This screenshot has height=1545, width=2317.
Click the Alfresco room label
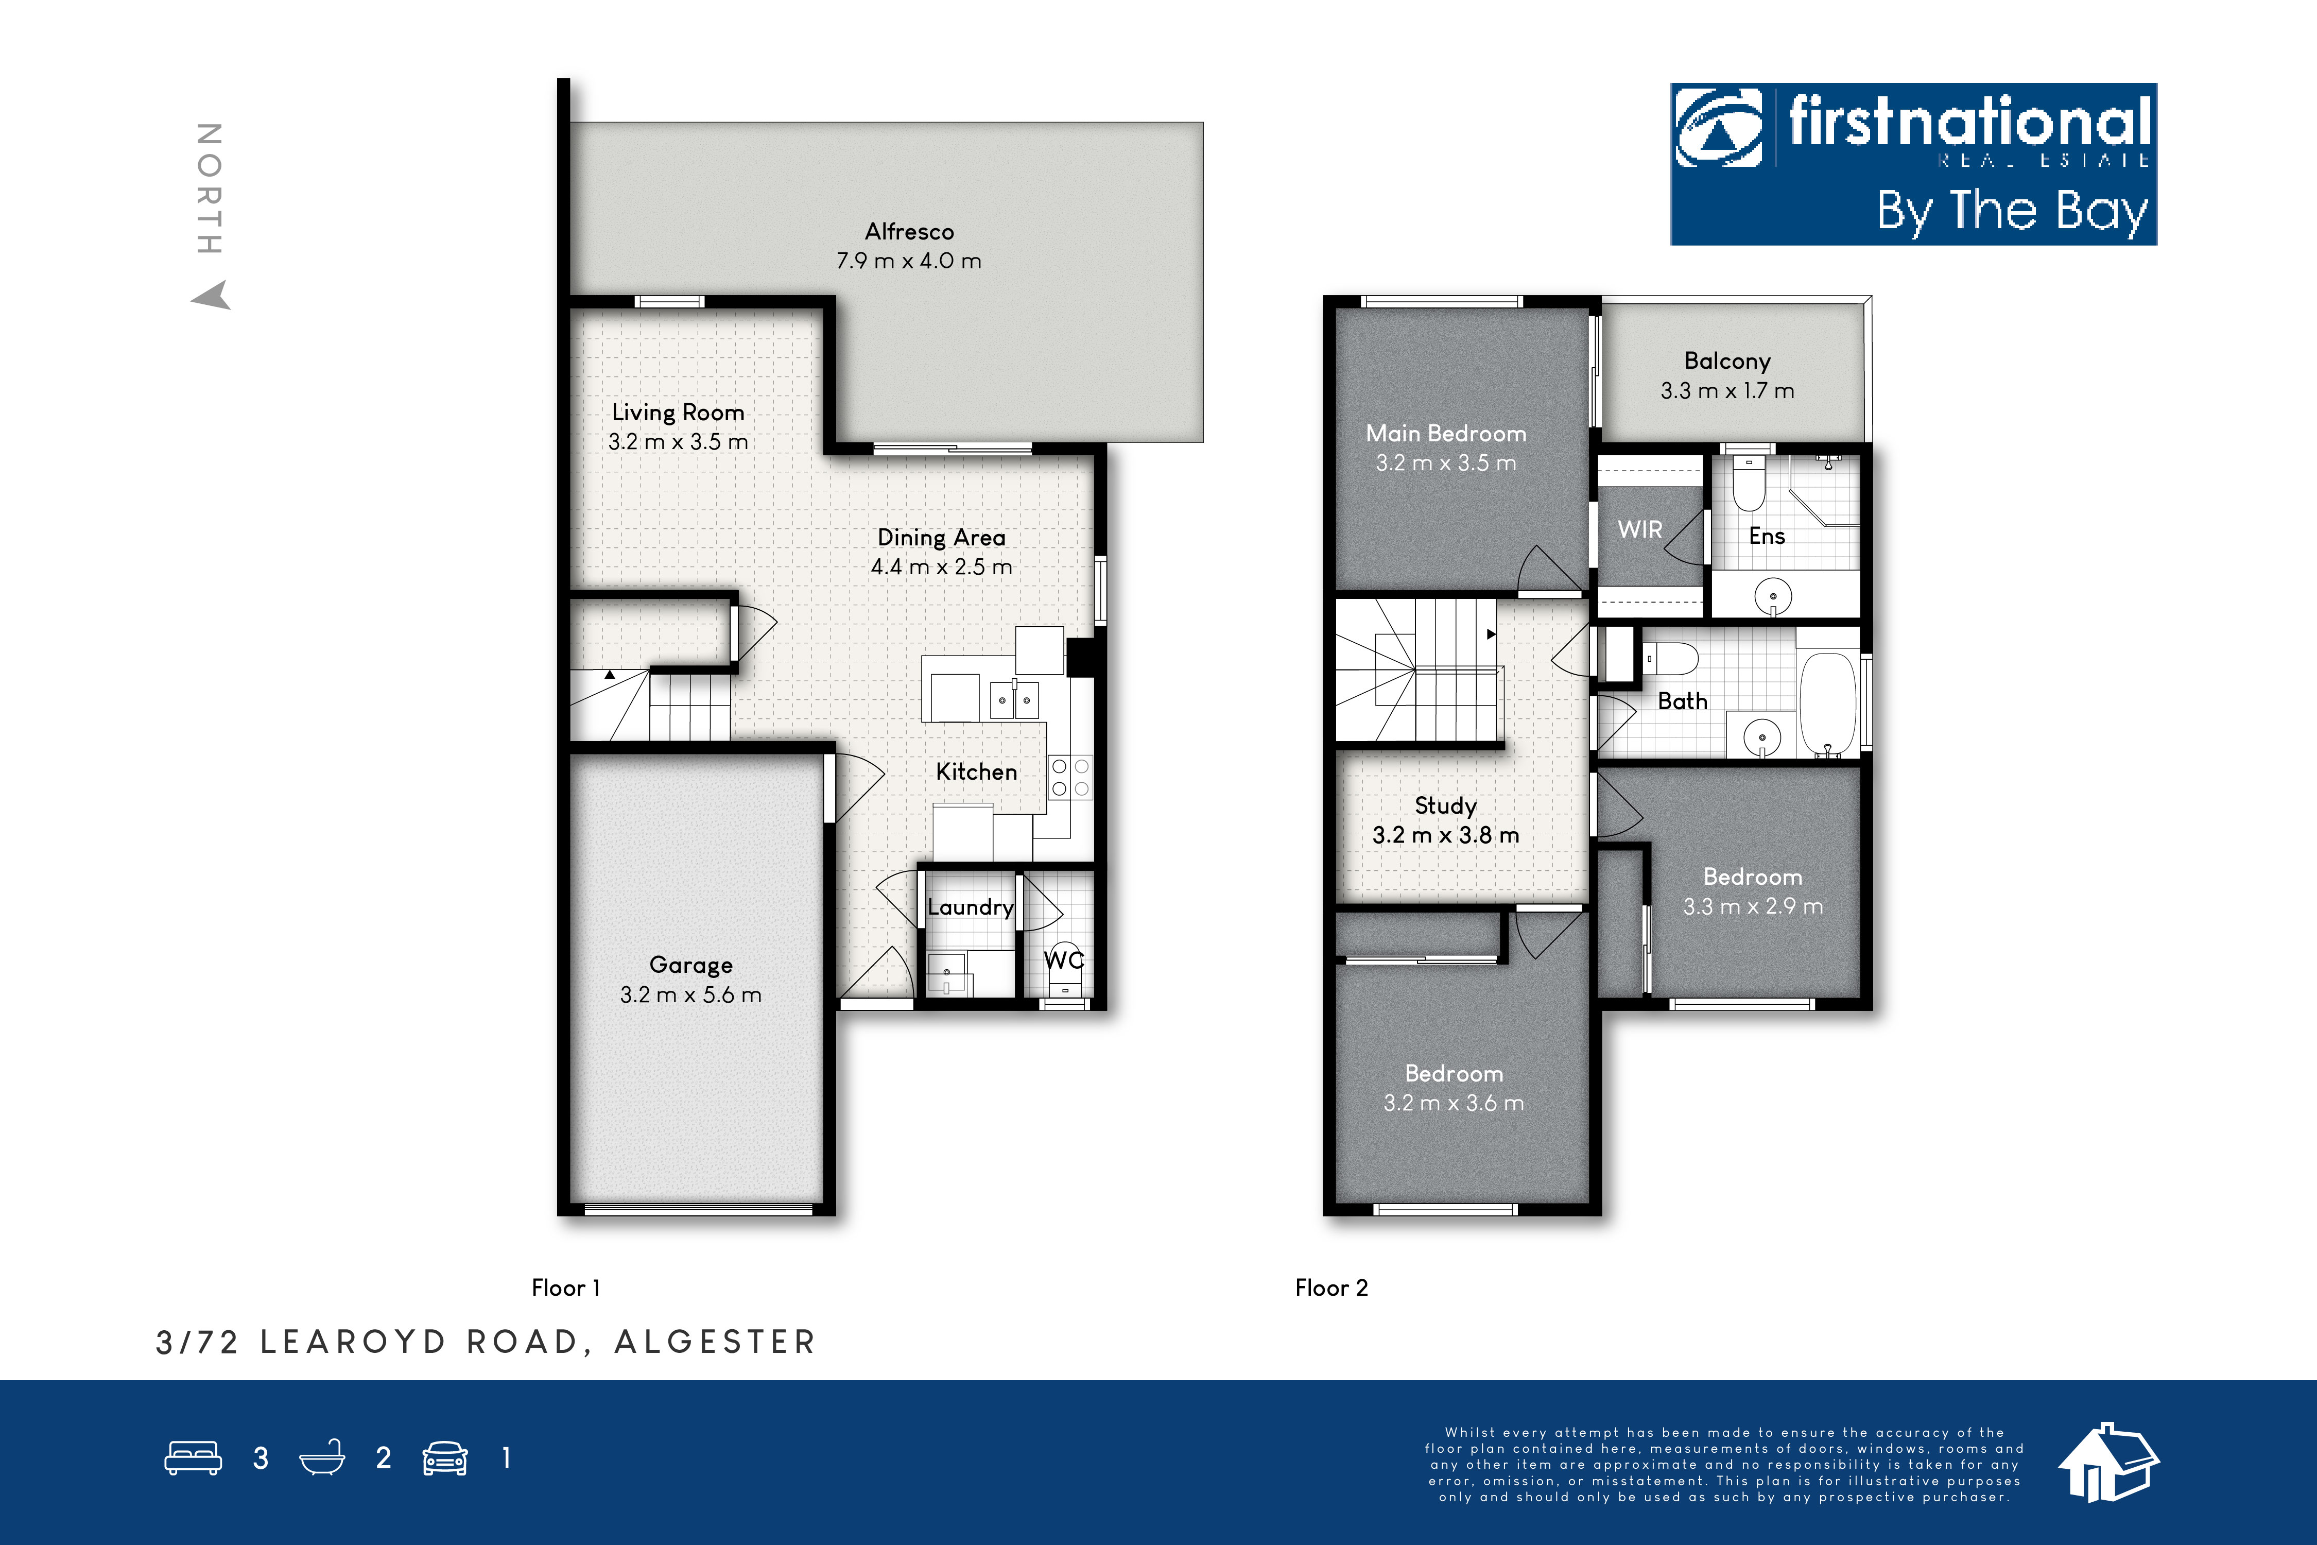coord(909,232)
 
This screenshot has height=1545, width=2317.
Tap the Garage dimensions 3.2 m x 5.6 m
coord(690,995)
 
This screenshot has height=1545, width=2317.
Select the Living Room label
coord(678,413)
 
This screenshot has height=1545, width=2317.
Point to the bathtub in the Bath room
coord(1827,703)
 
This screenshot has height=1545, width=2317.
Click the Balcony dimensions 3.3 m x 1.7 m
coord(1727,391)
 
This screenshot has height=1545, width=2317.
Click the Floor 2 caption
coord(1331,1288)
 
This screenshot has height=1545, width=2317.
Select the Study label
coord(1445,806)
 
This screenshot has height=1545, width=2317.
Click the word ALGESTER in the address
coord(715,1342)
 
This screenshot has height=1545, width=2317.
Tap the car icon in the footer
coord(445,1458)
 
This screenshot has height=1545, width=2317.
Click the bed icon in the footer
coord(193,1458)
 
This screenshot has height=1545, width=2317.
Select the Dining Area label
coord(942,538)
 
